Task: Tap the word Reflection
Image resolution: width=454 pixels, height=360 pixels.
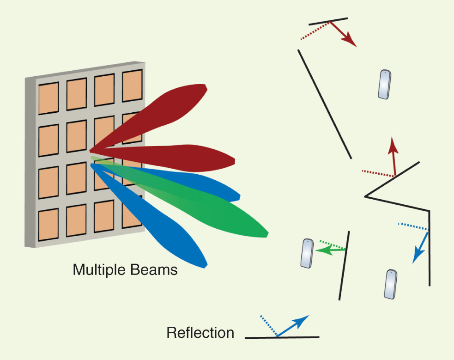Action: [200, 333]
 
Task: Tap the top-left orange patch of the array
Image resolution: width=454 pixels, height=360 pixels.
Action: [48, 98]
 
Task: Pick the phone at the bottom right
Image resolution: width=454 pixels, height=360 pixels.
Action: [391, 284]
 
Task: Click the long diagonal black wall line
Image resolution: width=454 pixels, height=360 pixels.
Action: [325, 104]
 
